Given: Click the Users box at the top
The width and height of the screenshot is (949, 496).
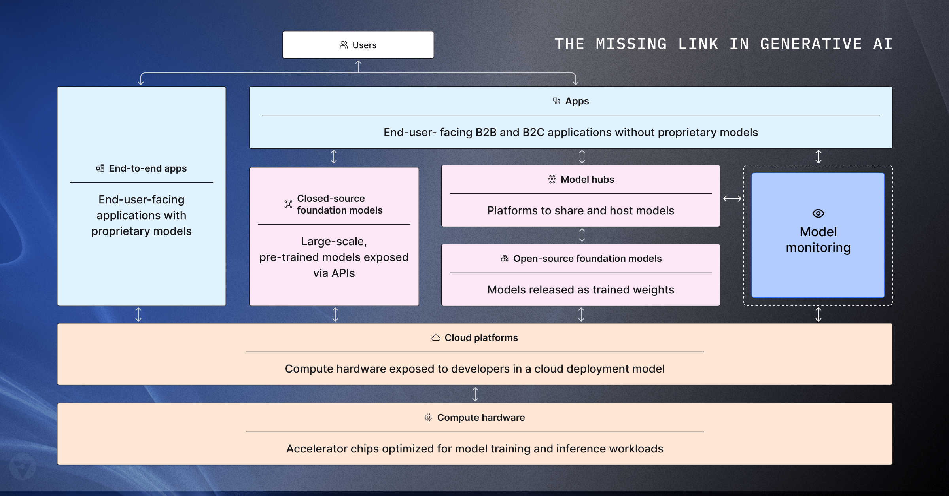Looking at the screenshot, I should coord(358,45).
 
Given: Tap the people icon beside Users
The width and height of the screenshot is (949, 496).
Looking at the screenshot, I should coord(344,45).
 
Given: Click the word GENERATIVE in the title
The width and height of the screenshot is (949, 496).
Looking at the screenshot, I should coord(811,44).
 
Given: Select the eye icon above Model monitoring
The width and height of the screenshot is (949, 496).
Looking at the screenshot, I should coord(818,214).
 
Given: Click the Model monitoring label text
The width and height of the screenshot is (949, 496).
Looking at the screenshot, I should coord(818,240).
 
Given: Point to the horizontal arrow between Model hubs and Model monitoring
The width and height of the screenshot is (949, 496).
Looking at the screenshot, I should coord(732,199).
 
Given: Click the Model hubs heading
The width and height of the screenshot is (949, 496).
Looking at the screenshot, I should coord(587,180).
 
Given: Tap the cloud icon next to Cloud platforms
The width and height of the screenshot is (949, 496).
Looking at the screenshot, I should coord(436,338).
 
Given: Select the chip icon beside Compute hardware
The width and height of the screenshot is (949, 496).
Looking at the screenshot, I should coord(428,417).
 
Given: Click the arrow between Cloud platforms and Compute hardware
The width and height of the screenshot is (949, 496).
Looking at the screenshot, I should coord(475,394).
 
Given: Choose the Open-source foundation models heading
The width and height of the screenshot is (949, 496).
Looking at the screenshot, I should coord(587,259).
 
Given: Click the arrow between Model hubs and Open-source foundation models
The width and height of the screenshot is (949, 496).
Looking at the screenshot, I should coord(582,235).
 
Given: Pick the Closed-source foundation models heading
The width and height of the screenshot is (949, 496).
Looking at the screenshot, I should coord(339,204).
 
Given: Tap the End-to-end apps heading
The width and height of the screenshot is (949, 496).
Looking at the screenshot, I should coord(147,168).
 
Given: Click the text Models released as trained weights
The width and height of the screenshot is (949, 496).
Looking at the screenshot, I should coord(580,290).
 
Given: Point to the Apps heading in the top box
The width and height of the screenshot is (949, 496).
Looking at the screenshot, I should coord(577,101).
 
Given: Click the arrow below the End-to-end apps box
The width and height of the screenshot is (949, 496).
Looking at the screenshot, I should coord(138,314).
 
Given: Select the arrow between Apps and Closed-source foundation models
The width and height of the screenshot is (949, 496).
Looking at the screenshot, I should coord(334,157).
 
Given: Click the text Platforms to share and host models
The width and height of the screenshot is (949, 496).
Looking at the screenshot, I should coord(580,210).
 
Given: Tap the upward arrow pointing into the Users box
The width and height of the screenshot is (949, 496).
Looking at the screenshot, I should coord(358,66).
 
